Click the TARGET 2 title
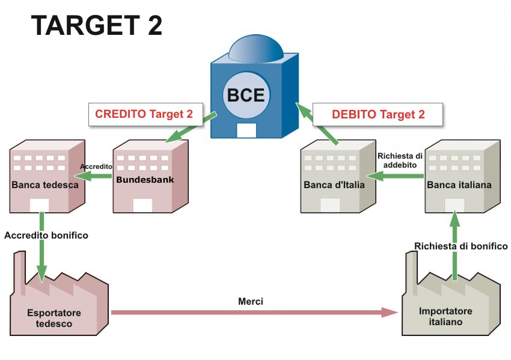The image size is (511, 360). coord(97,26)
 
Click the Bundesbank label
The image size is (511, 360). coord(141,178)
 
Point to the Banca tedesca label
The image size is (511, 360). coord(45,185)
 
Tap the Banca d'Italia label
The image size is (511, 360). coord(334,185)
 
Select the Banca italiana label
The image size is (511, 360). coord(459,185)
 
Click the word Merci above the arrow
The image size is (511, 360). coord(250,301)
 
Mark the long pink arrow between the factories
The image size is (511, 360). coord(252,312)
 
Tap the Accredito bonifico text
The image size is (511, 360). coord(46,236)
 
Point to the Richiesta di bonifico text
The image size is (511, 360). coord(461,246)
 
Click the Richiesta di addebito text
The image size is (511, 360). coord(400,159)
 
